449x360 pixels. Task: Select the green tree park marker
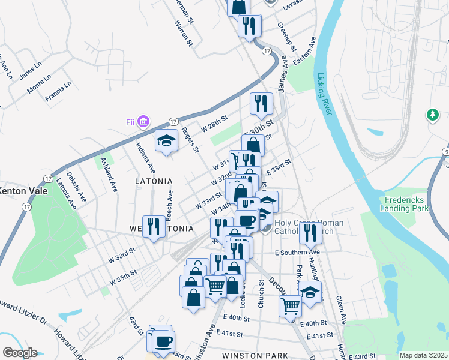click(432, 114)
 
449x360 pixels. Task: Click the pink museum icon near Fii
click(143, 122)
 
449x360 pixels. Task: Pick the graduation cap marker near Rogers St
click(166, 141)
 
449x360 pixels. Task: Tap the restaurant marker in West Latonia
click(154, 227)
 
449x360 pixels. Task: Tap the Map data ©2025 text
click(423, 355)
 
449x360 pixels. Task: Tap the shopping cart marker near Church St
click(291, 306)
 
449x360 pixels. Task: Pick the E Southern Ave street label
click(298, 253)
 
